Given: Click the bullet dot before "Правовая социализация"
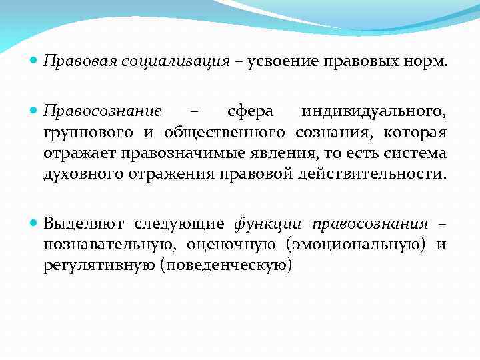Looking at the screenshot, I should [x=34, y=61].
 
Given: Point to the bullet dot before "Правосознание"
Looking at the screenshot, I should [x=34, y=110].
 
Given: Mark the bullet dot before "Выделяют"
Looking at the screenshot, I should [x=34, y=222].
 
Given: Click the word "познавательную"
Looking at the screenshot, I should [x=105, y=244].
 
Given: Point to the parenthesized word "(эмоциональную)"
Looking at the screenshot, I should [x=356, y=244].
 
